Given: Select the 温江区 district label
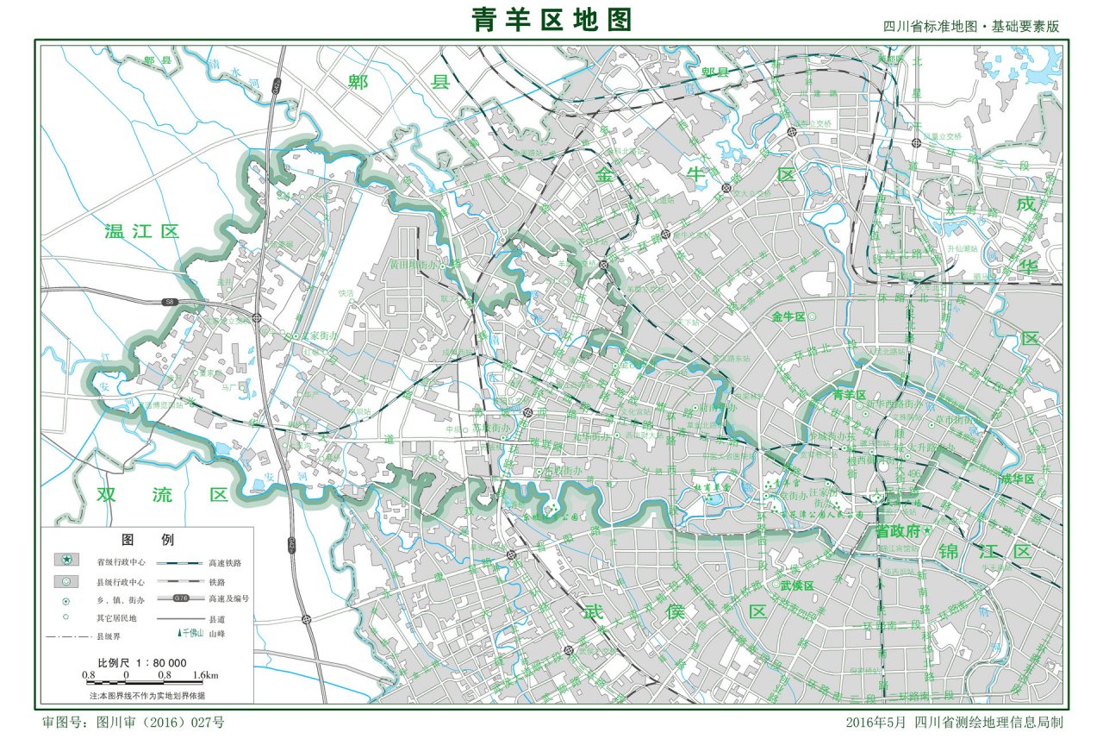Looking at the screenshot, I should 141,231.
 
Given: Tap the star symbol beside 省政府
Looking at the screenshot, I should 879,497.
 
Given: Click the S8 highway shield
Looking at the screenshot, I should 170,302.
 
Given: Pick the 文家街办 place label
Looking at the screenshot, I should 327,335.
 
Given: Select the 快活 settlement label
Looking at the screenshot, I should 346,293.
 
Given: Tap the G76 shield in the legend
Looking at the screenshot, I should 181,598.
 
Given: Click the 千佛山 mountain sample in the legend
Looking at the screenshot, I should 190,634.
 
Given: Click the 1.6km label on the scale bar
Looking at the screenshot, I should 205,675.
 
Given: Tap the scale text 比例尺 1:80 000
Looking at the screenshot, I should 142,662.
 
